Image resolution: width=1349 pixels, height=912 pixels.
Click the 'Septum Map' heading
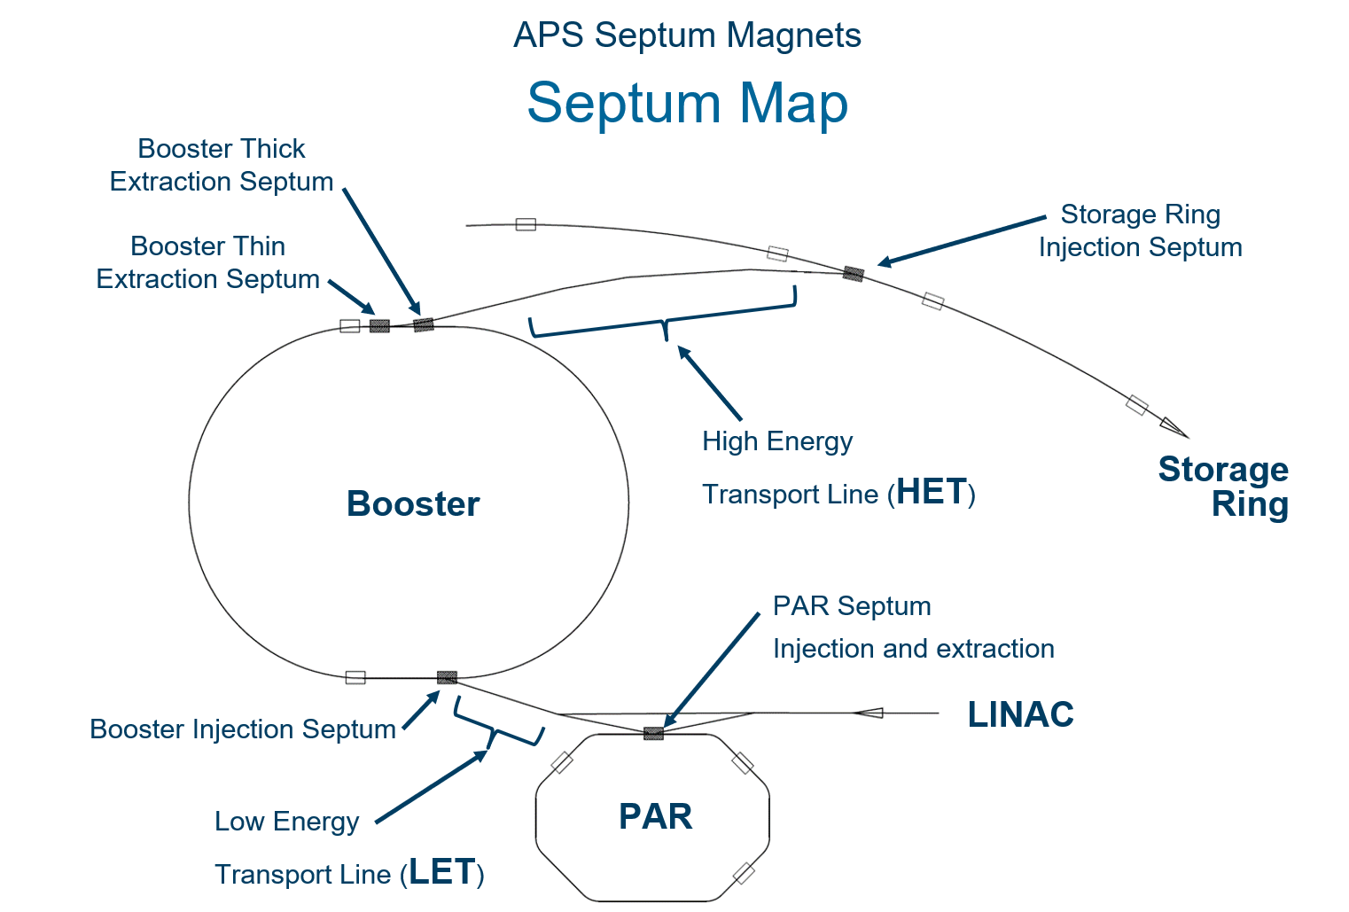[687, 103]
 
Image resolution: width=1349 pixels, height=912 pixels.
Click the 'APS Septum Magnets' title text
[687, 35]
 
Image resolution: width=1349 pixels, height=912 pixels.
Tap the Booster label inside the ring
[413, 503]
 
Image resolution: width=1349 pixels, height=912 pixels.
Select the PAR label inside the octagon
[655, 816]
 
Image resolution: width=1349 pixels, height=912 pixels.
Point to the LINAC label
[1021, 714]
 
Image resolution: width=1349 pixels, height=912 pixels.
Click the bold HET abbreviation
[932, 492]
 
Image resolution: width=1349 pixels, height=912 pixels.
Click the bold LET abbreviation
[442, 871]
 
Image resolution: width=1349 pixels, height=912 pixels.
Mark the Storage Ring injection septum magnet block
[854, 274]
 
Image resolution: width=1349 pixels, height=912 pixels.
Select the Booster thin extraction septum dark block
[379, 326]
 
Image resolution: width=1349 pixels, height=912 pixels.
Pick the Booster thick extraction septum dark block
[424, 324]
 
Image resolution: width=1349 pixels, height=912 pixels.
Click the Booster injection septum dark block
[447, 677]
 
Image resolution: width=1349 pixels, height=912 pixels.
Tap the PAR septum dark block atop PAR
[653, 733]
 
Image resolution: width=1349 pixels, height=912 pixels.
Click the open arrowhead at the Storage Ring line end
[1174, 427]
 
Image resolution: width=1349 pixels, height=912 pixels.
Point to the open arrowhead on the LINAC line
[869, 713]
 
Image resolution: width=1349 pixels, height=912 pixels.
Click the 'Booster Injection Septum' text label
[243, 729]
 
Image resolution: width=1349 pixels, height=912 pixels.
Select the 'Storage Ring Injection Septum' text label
[1141, 230]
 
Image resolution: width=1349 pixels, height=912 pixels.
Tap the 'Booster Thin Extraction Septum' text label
[207, 262]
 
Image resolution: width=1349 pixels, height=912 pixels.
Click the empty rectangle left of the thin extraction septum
[350, 326]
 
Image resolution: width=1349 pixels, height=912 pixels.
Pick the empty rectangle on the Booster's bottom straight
[355, 678]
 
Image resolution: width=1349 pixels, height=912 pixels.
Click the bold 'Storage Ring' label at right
[1223, 487]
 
